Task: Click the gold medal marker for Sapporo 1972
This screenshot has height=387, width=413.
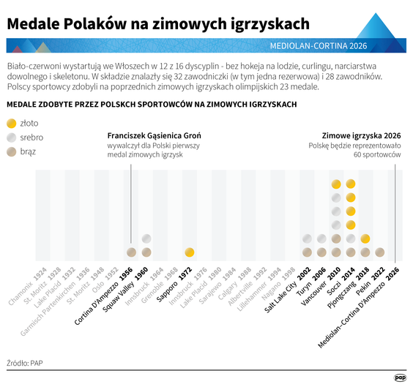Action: click(x=190, y=252)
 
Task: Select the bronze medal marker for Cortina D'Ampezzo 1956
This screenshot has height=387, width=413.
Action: click(x=132, y=252)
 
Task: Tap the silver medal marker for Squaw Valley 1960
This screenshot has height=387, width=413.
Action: click(x=146, y=238)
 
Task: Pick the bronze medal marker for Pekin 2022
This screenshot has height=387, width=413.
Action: click(x=379, y=252)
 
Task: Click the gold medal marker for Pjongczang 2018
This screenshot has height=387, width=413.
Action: click(x=365, y=238)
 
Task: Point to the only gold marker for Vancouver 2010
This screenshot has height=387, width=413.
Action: click(x=335, y=184)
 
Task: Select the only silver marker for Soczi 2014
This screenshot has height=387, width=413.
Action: click(x=350, y=238)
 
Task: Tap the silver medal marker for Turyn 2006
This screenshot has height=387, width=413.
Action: click(x=321, y=238)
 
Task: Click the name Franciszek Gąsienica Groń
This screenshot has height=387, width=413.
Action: click(x=154, y=136)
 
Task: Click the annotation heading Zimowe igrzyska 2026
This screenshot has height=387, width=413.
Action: click(x=362, y=136)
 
